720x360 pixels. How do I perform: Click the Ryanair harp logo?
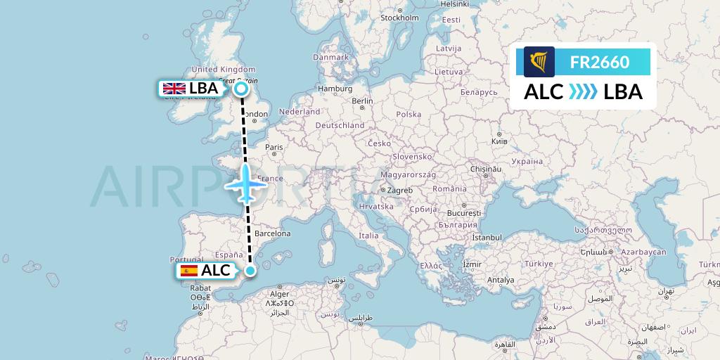(x=539, y=62)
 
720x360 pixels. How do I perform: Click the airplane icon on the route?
(x=245, y=184)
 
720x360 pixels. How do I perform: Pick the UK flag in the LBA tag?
(x=174, y=89)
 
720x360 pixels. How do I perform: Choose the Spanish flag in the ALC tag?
(x=188, y=270)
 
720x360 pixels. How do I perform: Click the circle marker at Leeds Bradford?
(x=241, y=89)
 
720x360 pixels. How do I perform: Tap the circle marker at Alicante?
(x=250, y=270)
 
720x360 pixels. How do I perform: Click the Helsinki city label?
(x=455, y=4)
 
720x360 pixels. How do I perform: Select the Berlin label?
(x=362, y=101)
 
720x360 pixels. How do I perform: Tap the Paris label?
(x=274, y=148)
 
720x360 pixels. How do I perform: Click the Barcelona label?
(x=271, y=233)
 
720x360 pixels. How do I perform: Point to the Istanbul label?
(x=487, y=238)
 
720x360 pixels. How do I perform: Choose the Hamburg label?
(x=335, y=89)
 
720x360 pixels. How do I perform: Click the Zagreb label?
(x=399, y=191)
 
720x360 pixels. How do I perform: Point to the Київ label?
(x=499, y=141)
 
